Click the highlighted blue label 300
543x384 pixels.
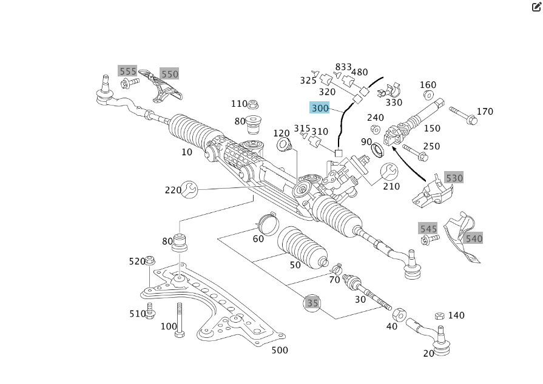(x=320, y=108)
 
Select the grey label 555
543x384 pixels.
(x=128, y=71)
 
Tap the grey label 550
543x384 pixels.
(x=170, y=74)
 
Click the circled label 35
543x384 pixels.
(x=312, y=303)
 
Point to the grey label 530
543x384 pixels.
(x=454, y=178)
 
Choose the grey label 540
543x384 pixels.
(x=474, y=238)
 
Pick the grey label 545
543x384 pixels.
(x=428, y=228)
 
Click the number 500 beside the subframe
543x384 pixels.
(x=280, y=350)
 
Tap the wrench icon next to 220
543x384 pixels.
(x=189, y=190)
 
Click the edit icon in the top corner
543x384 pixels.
(x=536, y=7)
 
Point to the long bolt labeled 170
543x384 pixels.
(x=464, y=115)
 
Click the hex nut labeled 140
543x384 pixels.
(x=440, y=316)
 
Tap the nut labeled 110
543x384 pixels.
(x=254, y=104)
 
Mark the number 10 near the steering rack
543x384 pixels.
(x=187, y=152)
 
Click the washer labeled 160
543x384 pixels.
(x=428, y=95)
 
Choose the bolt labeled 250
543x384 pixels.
(x=415, y=152)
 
